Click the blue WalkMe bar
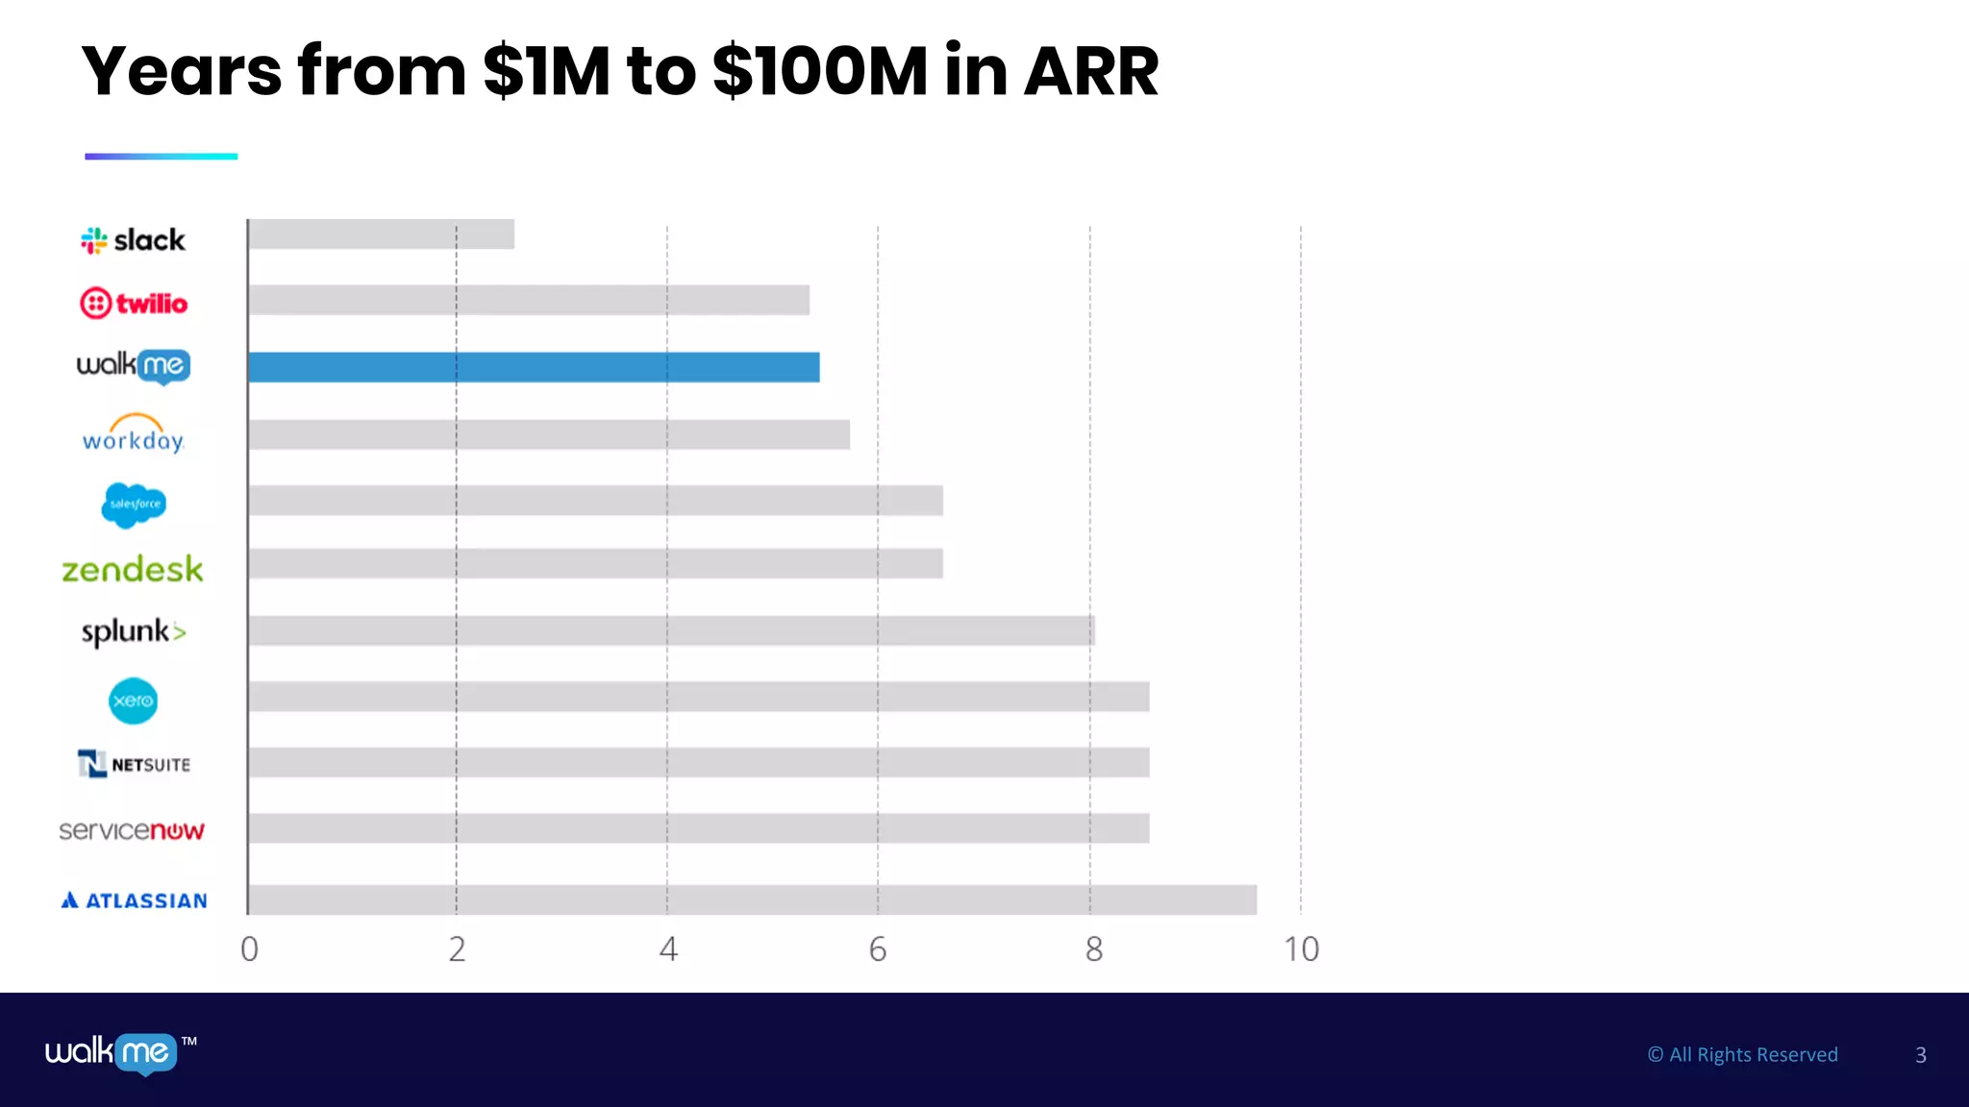(x=534, y=367)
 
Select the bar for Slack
(x=381, y=234)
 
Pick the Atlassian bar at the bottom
(x=752, y=899)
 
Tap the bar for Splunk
(x=671, y=630)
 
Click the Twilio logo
(x=134, y=304)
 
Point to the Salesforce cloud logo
(x=134, y=504)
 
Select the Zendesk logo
(x=133, y=570)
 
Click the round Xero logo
(x=133, y=701)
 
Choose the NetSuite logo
(x=134, y=764)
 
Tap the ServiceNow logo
(x=132, y=830)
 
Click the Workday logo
(x=134, y=434)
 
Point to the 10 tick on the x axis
(x=1302, y=949)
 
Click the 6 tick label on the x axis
(x=878, y=949)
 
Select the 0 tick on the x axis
(x=249, y=949)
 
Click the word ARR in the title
(x=1091, y=71)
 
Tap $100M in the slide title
(x=820, y=71)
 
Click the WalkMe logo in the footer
(x=112, y=1053)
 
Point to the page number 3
(x=1921, y=1055)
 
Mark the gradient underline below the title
(x=162, y=156)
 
